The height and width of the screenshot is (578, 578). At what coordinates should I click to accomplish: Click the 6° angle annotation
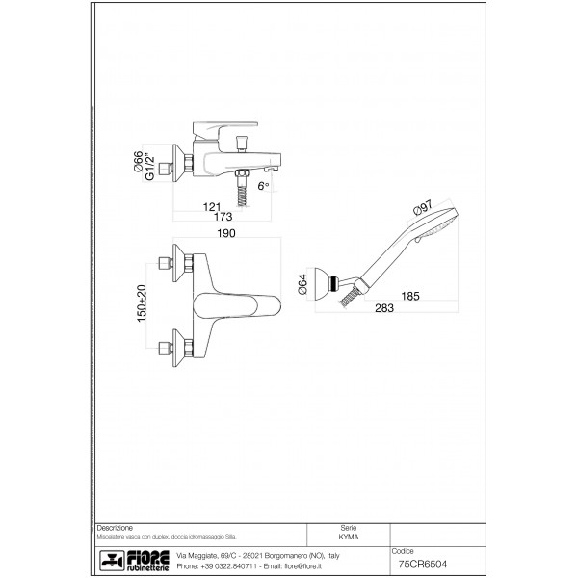click(x=261, y=184)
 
